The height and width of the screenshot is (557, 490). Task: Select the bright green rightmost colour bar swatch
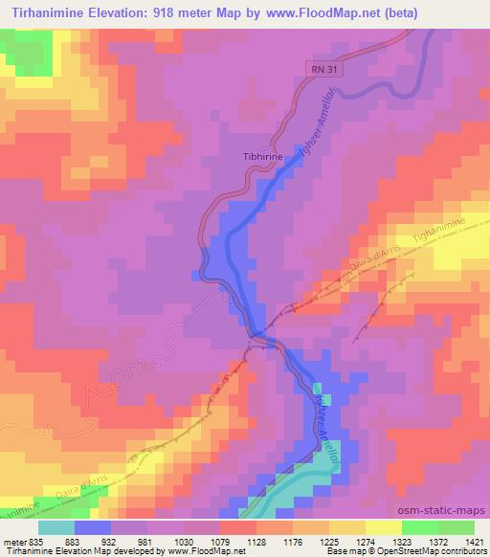[x=453, y=527]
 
